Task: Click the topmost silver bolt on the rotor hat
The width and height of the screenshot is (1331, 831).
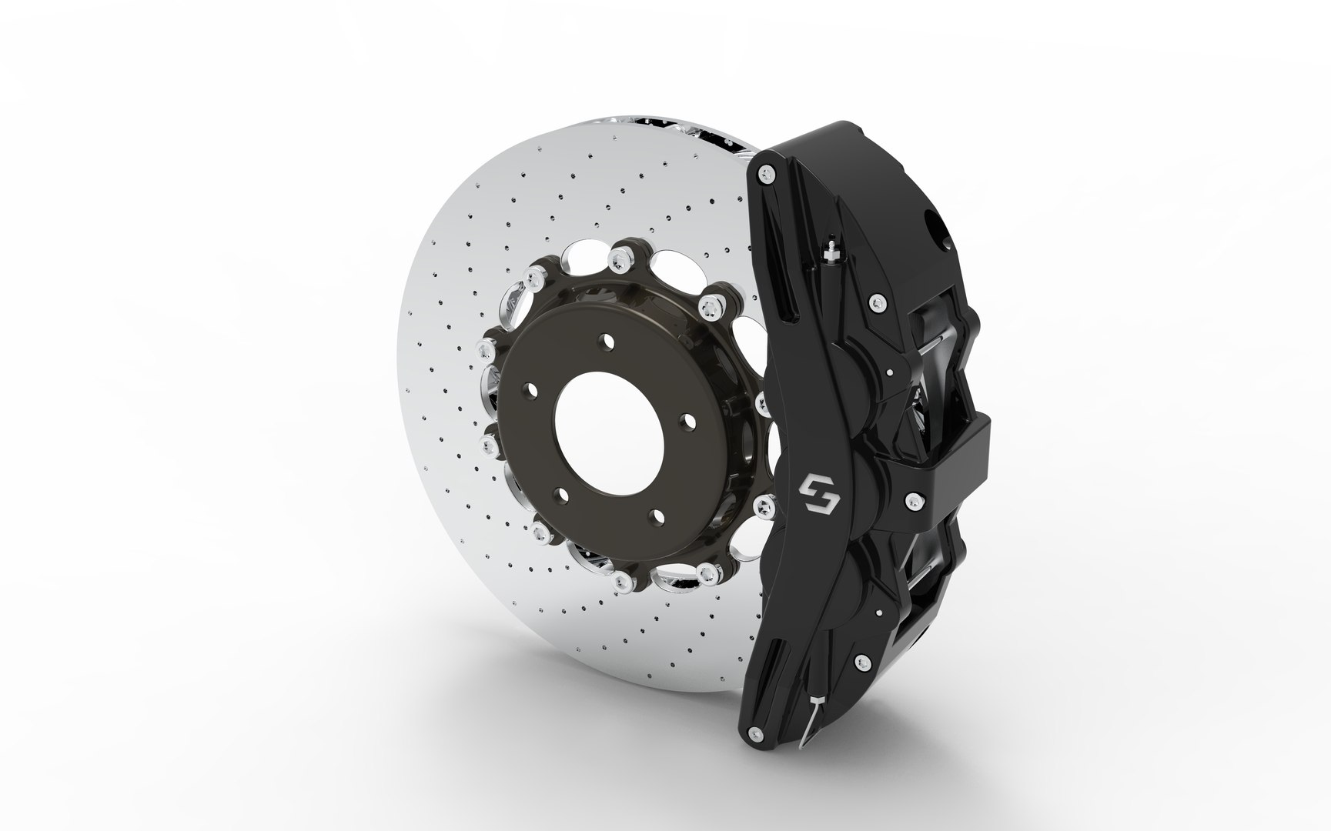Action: coord(620,259)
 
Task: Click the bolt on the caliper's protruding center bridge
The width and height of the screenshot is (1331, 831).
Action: coord(913,500)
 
